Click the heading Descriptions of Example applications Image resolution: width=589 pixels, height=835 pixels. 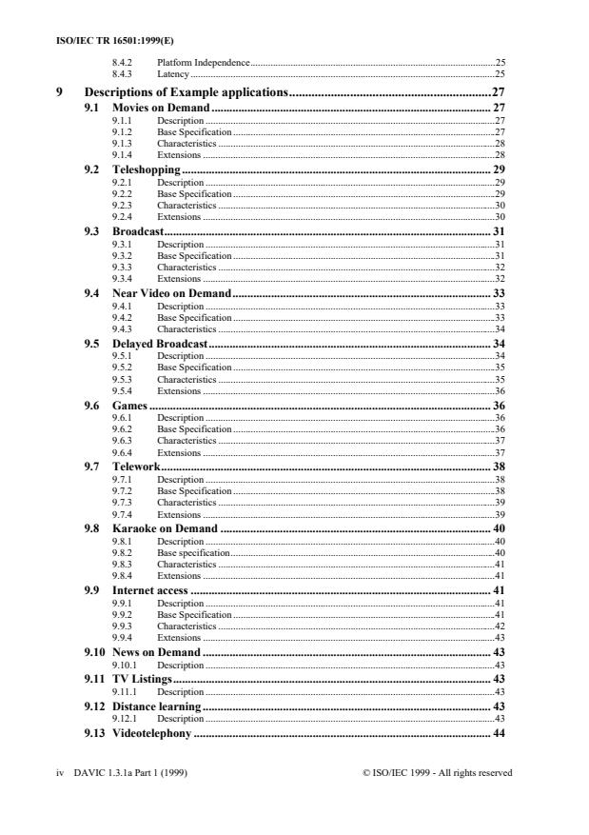[x=187, y=92]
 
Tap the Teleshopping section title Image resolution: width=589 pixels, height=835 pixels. [x=147, y=169]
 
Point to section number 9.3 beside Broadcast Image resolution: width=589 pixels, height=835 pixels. [x=92, y=231]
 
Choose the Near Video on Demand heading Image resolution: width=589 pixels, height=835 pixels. [x=171, y=292]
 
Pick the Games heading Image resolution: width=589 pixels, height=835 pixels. [x=129, y=405]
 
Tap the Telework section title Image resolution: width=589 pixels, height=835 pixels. [x=135, y=467]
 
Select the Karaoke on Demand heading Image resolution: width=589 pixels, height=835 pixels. [x=166, y=528]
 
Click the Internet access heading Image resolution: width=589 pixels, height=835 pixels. [x=151, y=590]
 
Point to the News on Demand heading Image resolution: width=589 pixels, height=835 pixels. [x=156, y=652]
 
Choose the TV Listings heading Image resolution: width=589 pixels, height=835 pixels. [x=143, y=679]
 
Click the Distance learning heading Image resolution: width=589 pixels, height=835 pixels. [x=157, y=706]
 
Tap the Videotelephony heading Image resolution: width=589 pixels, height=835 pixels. [x=152, y=734]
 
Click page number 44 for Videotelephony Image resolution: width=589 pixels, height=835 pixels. [x=498, y=734]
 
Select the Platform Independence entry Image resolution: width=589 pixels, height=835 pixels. [x=203, y=62]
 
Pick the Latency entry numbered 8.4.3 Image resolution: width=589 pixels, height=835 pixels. [x=172, y=72]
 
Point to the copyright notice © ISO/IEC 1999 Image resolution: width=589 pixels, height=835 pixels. [x=437, y=773]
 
